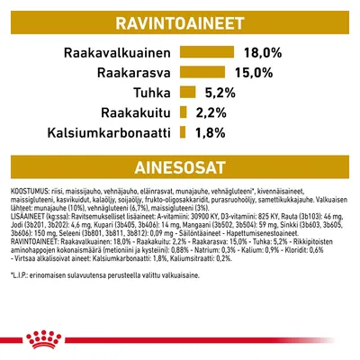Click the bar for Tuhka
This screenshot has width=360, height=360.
(187, 93)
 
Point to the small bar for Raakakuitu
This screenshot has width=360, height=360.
(183, 112)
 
